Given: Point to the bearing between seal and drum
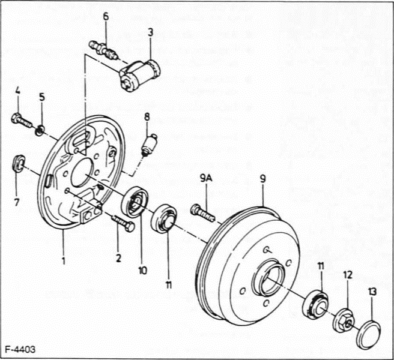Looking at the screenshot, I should [x=163, y=218].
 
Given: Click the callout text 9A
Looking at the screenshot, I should [x=206, y=178].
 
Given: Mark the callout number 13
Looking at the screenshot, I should [x=372, y=292].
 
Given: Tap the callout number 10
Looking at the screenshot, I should [x=142, y=271].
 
